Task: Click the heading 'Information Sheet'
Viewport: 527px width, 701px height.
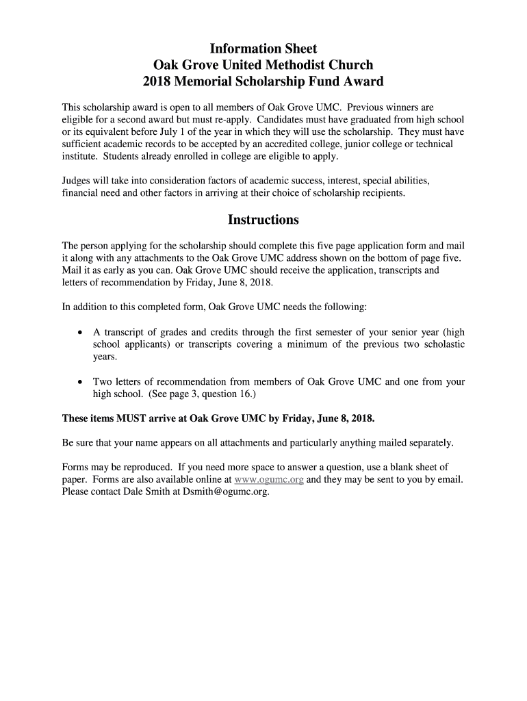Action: point(263,49)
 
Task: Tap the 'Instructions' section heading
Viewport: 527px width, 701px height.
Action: point(263,220)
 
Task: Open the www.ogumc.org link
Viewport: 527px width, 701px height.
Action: point(269,479)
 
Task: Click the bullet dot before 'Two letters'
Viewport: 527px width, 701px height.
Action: point(80,382)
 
